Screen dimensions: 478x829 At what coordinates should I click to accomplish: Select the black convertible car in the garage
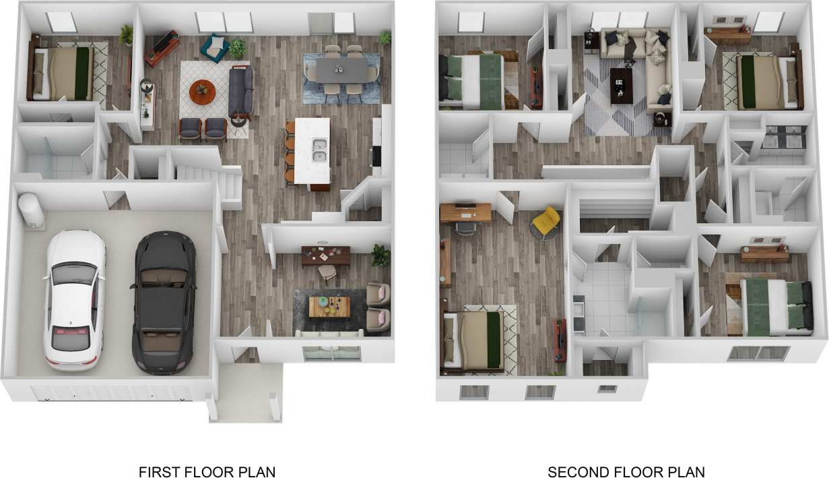[x=164, y=301]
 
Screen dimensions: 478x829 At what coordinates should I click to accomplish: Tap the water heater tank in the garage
[x=31, y=210]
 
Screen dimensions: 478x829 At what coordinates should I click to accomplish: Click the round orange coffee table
[x=203, y=92]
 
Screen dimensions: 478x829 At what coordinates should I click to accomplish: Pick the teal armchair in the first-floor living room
[x=217, y=48]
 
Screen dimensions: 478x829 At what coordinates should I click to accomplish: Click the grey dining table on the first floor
[x=341, y=69]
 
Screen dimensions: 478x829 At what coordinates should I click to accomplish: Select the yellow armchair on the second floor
[x=546, y=222]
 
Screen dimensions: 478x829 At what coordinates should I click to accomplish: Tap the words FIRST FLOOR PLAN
[x=207, y=471]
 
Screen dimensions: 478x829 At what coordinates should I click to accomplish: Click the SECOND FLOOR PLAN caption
[x=626, y=471]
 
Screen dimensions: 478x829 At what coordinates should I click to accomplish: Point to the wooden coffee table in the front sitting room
[x=329, y=306]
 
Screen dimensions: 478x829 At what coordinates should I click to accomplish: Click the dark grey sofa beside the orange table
[x=240, y=92]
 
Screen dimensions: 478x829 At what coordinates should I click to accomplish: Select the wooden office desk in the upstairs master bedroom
[x=466, y=211]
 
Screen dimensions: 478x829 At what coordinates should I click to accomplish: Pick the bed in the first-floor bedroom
[x=65, y=73]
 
